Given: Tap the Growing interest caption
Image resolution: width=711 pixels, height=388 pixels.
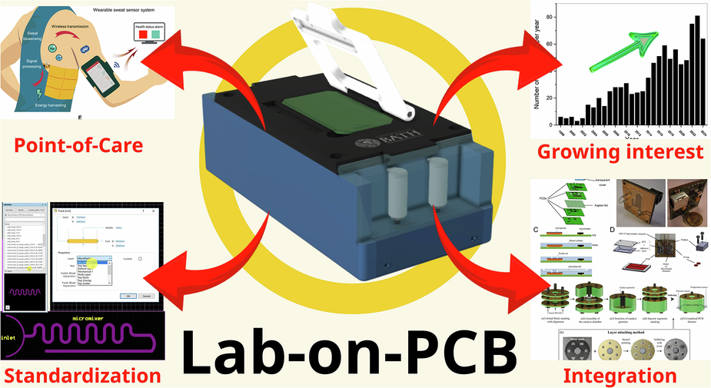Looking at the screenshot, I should [620, 151].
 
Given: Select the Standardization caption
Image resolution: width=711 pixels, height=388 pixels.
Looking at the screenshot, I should [82, 375].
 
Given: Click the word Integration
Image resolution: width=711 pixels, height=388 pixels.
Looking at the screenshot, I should [620, 376].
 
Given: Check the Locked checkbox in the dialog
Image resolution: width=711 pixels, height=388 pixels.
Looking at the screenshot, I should [141, 259].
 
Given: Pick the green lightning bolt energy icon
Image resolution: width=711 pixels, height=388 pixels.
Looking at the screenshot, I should [40, 96].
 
